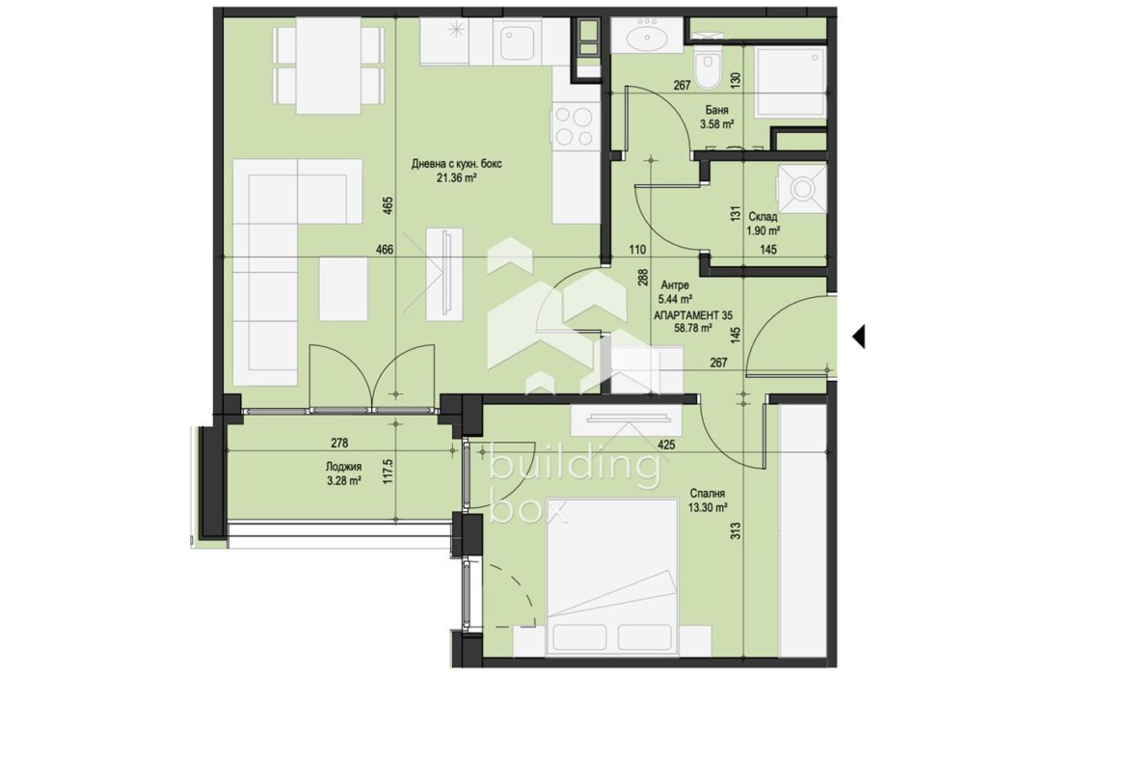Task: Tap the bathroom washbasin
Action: [x=645, y=35]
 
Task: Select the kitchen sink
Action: [x=517, y=41]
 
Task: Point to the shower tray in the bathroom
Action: [x=790, y=81]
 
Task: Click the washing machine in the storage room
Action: [x=800, y=189]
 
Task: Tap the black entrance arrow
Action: [x=858, y=336]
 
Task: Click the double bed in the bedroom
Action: [x=612, y=576]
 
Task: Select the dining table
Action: [x=328, y=66]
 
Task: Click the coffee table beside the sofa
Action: [x=343, y=288]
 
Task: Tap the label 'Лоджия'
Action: [x=343, y=467]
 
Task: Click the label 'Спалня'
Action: [x=707, y=494]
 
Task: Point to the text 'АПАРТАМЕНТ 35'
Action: [x=693, y=315]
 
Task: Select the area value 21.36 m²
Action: [x=457, y=177]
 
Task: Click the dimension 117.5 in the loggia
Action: [x=388, y=473]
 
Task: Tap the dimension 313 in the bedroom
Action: [x=735, y=531]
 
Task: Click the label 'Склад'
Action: [x=763, y=217]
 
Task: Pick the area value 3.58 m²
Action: [x=716, y=123]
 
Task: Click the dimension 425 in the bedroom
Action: [x=666, y=445]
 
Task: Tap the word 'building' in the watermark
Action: [x=574, y=467]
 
